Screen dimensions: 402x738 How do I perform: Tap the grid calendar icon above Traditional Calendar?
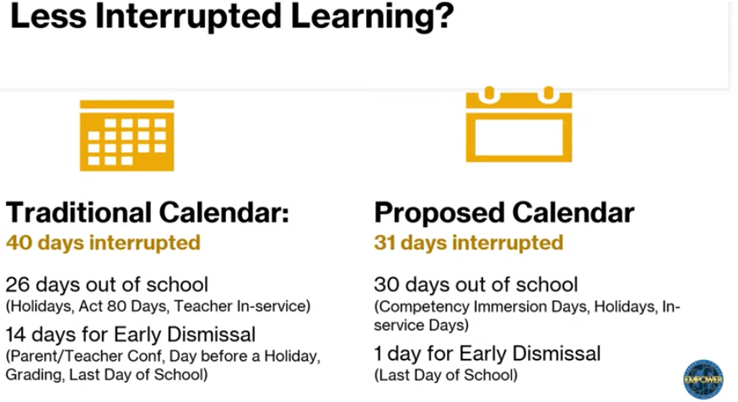click(127, 135)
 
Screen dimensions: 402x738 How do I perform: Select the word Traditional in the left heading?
click(79, 212)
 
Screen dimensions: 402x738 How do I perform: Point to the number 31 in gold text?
click(387, 244)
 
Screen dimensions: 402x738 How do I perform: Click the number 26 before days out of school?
click(19, 285)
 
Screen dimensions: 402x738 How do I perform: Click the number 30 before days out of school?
click(388, 285)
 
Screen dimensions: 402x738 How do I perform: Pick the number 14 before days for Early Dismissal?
click(18, 335)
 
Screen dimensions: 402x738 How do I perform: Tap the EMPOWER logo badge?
click(703, 379)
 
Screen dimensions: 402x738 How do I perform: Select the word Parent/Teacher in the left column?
click(58, 357)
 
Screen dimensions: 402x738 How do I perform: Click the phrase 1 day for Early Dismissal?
click(488, 352)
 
